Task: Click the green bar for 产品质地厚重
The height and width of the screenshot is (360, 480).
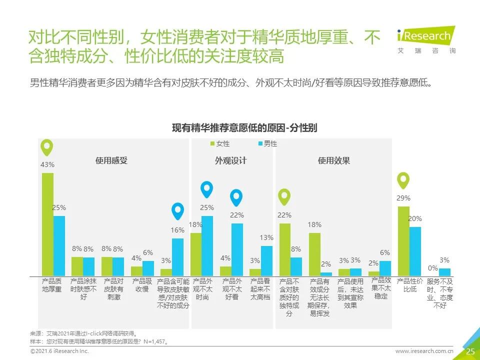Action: point(47,224)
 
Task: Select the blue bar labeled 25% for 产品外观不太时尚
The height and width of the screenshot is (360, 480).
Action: point(207,245)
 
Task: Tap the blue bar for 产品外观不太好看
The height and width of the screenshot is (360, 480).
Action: point(237,249)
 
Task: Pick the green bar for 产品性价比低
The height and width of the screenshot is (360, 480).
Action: point(403,240)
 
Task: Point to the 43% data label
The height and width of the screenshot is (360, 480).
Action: point(47,165)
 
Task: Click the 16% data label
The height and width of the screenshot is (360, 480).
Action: point(177,230)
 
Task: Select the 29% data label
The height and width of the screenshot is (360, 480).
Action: point(403,198)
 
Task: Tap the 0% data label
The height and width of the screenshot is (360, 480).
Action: point(433,268)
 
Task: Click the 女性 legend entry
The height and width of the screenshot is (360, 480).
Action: point(219,143)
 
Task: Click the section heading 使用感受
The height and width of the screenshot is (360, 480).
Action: point(111,160)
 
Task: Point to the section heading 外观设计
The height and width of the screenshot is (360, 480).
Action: point(230,160)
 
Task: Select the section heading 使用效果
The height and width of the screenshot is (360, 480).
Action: point(334,160)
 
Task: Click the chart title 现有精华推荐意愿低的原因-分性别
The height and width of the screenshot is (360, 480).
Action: point(244,128)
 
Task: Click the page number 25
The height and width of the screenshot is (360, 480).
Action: point(470,351)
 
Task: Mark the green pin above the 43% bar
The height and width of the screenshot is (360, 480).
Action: point(47,147)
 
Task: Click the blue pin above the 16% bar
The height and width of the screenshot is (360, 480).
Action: point(177,211)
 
